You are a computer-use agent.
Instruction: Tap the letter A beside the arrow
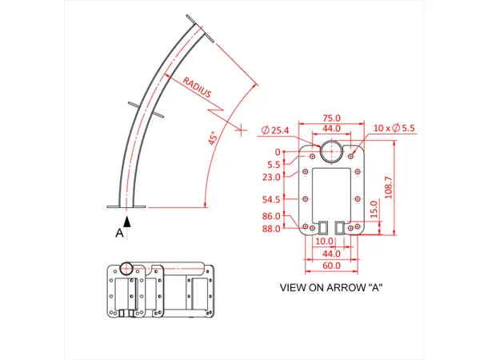[120, 233]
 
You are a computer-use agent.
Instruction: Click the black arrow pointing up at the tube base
[127, 220]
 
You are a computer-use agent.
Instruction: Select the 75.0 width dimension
[331, 118]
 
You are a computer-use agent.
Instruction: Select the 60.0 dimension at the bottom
[331, 265]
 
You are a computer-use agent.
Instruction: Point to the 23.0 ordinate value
[271, 178]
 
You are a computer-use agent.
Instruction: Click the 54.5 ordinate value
[271, 199]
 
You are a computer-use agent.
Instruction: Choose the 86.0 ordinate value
[271, 217]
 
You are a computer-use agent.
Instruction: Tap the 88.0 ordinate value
[271, 229]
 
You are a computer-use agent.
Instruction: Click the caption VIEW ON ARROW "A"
[331, 286]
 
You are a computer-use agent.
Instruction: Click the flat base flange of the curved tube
[127, 208]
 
